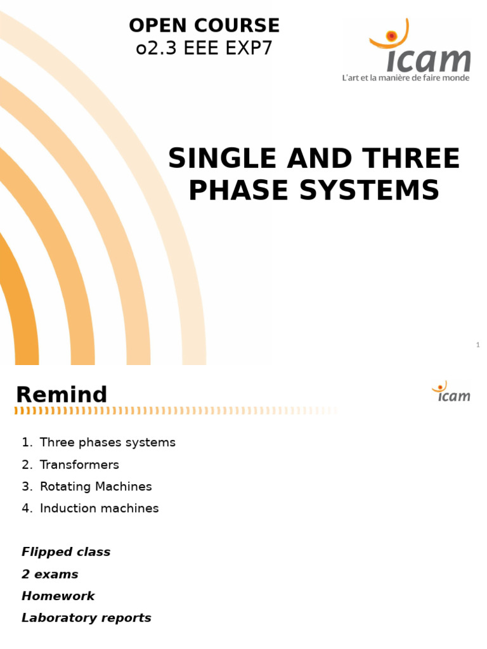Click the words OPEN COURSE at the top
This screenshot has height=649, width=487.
(204, 25)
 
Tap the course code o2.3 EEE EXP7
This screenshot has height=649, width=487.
(204, 48)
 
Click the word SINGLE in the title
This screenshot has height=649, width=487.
(223, 158)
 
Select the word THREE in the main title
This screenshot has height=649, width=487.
(412, 158)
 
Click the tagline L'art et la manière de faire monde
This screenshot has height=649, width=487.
(406, 78)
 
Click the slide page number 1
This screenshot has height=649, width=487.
(477, 345)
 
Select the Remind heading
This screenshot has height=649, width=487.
(62, 395)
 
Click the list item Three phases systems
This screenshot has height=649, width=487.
(107, 442)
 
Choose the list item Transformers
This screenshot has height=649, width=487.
(79, 465)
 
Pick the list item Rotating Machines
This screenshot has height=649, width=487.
(96, 487)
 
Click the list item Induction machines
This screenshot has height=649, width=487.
(99, 508)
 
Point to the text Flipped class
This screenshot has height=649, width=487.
(66, 552)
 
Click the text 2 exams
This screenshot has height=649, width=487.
(50, 574)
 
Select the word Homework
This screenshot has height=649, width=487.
(58, 596)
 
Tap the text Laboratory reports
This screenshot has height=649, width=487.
(86, 618)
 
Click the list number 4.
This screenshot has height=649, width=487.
(26, 508)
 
